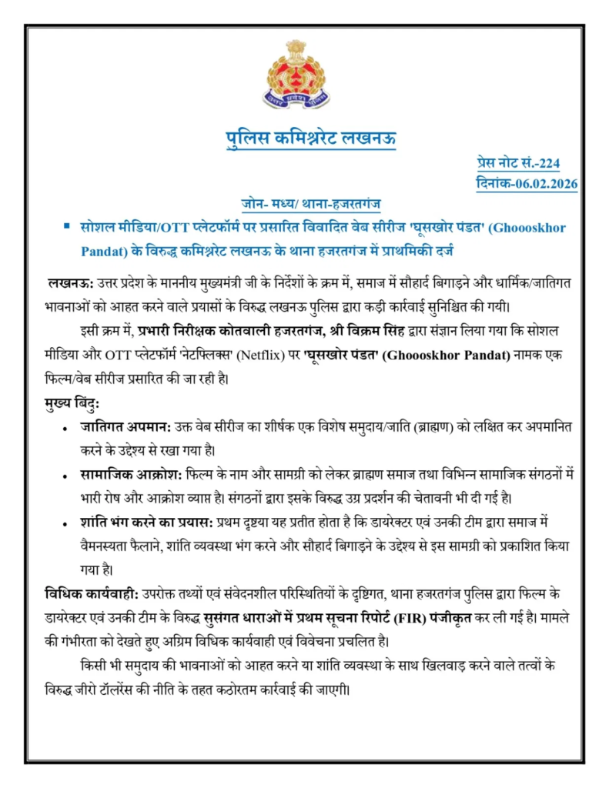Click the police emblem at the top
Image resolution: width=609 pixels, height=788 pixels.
[296, 75]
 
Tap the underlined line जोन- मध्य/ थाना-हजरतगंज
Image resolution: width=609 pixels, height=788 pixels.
[310, 204]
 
